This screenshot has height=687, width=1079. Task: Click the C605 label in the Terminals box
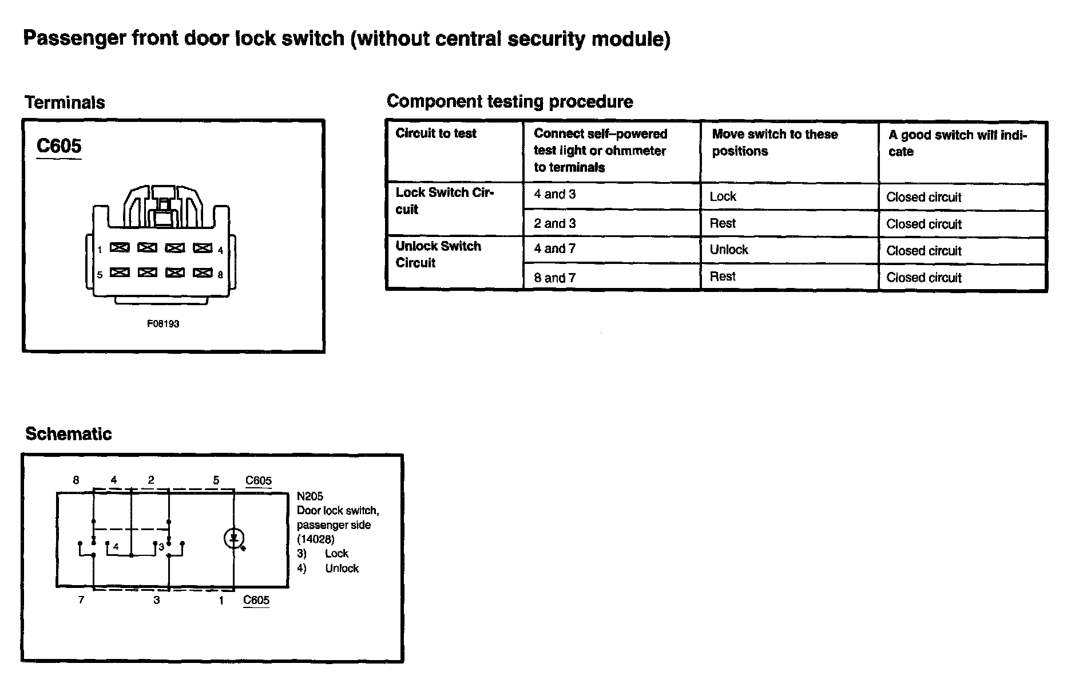pos(59,146)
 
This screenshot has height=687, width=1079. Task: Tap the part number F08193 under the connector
pos(163,324)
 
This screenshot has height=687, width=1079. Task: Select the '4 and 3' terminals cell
pos(554,195)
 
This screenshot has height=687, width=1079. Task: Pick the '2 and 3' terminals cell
pos(554,223)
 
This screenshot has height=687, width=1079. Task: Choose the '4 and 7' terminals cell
pos(554,249)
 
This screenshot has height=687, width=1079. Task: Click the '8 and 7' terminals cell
pos(554,278)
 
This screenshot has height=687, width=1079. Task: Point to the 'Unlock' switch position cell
pos(728,250)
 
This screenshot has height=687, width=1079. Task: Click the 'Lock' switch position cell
pos(723,196)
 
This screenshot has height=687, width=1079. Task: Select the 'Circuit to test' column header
pos(436,133)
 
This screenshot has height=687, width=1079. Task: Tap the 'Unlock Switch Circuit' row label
pos(438,254)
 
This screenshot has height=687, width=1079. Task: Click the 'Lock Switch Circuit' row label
pos(443,200)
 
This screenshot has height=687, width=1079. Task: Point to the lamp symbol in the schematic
pos(234,538)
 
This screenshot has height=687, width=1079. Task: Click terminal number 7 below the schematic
pos(81,600)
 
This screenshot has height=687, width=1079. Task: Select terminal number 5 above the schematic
pos(216,480)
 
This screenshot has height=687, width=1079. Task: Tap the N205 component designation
pos(310,496)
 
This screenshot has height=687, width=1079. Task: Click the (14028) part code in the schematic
pos(315,539)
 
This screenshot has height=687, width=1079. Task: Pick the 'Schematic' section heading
pos(68,434)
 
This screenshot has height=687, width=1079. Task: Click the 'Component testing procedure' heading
pos(510,101)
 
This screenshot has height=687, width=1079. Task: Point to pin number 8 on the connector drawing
pos(220,275)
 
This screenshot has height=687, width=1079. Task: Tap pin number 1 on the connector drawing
pos(100,250)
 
